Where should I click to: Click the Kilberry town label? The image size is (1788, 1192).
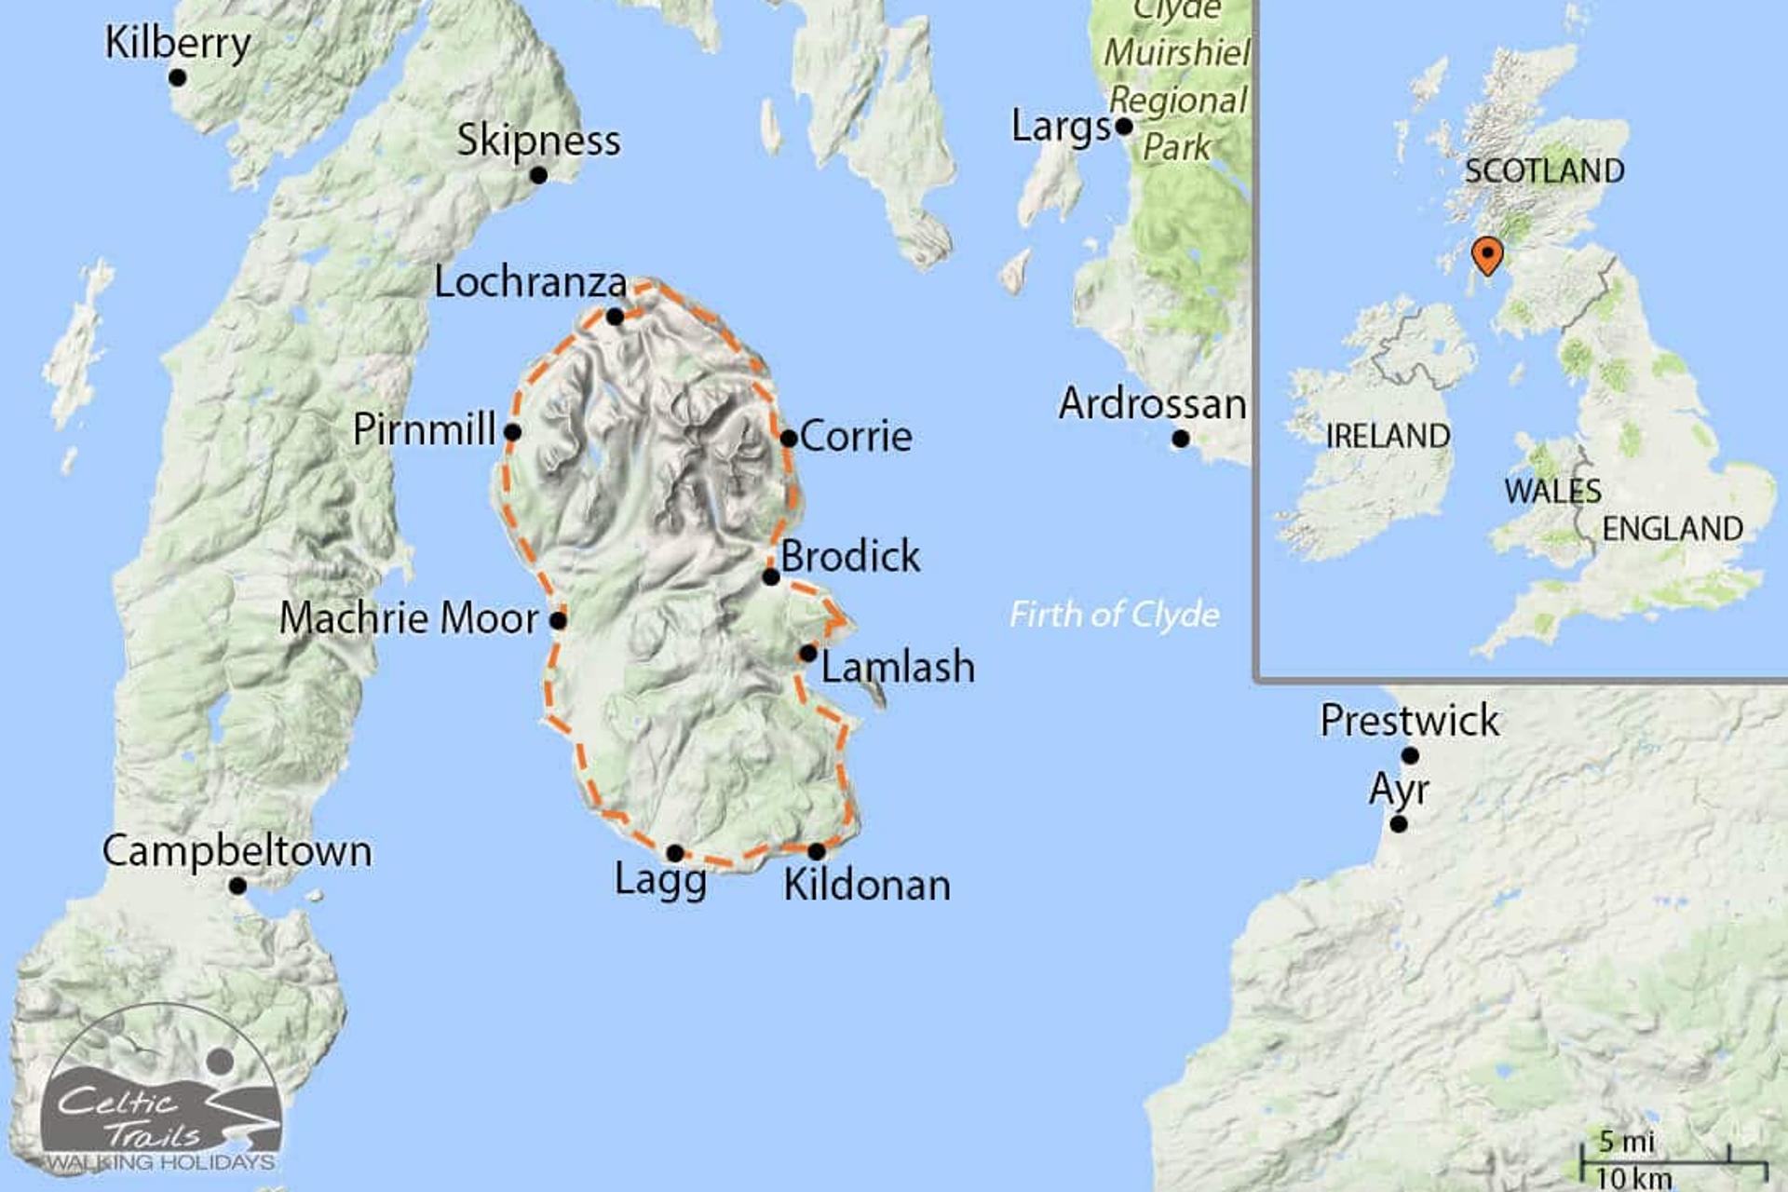177,43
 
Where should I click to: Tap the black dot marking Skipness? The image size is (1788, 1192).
538,175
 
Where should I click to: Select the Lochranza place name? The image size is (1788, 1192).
530,282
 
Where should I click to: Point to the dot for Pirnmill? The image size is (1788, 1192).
512,432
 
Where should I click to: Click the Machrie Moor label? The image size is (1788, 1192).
409,618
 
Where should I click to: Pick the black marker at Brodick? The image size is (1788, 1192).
771,577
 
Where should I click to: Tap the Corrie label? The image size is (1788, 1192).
856,436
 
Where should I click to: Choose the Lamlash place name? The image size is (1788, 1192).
898,667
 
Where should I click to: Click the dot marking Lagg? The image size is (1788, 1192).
675,853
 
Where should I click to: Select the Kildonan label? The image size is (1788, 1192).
867,885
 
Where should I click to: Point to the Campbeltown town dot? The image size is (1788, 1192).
237,886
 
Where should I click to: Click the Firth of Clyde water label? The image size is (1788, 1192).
1115,615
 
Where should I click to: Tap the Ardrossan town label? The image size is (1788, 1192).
1152,404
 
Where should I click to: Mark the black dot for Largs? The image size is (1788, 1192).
1124,127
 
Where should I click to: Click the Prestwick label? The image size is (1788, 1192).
1410,721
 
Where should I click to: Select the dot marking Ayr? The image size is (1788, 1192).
1399,824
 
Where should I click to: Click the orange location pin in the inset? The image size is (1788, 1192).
1487,255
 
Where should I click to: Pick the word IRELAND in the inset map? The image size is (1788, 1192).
1388,436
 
